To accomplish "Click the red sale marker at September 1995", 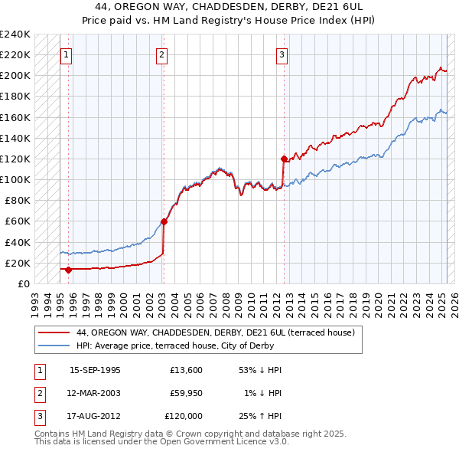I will tap(68, 270).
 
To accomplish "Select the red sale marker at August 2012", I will tap(284, 159).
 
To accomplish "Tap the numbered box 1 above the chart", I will tap(67, 54).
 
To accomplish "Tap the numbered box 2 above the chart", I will tap(163, 54).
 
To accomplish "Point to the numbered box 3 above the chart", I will tap(282, 54).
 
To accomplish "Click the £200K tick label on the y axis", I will tap(15, 76).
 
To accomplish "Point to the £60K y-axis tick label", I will tap(18, 221).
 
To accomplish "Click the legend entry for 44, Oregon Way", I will tap(215, 333).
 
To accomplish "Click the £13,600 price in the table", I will tap(187, 370).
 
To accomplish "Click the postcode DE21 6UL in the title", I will tap(346, 8).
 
